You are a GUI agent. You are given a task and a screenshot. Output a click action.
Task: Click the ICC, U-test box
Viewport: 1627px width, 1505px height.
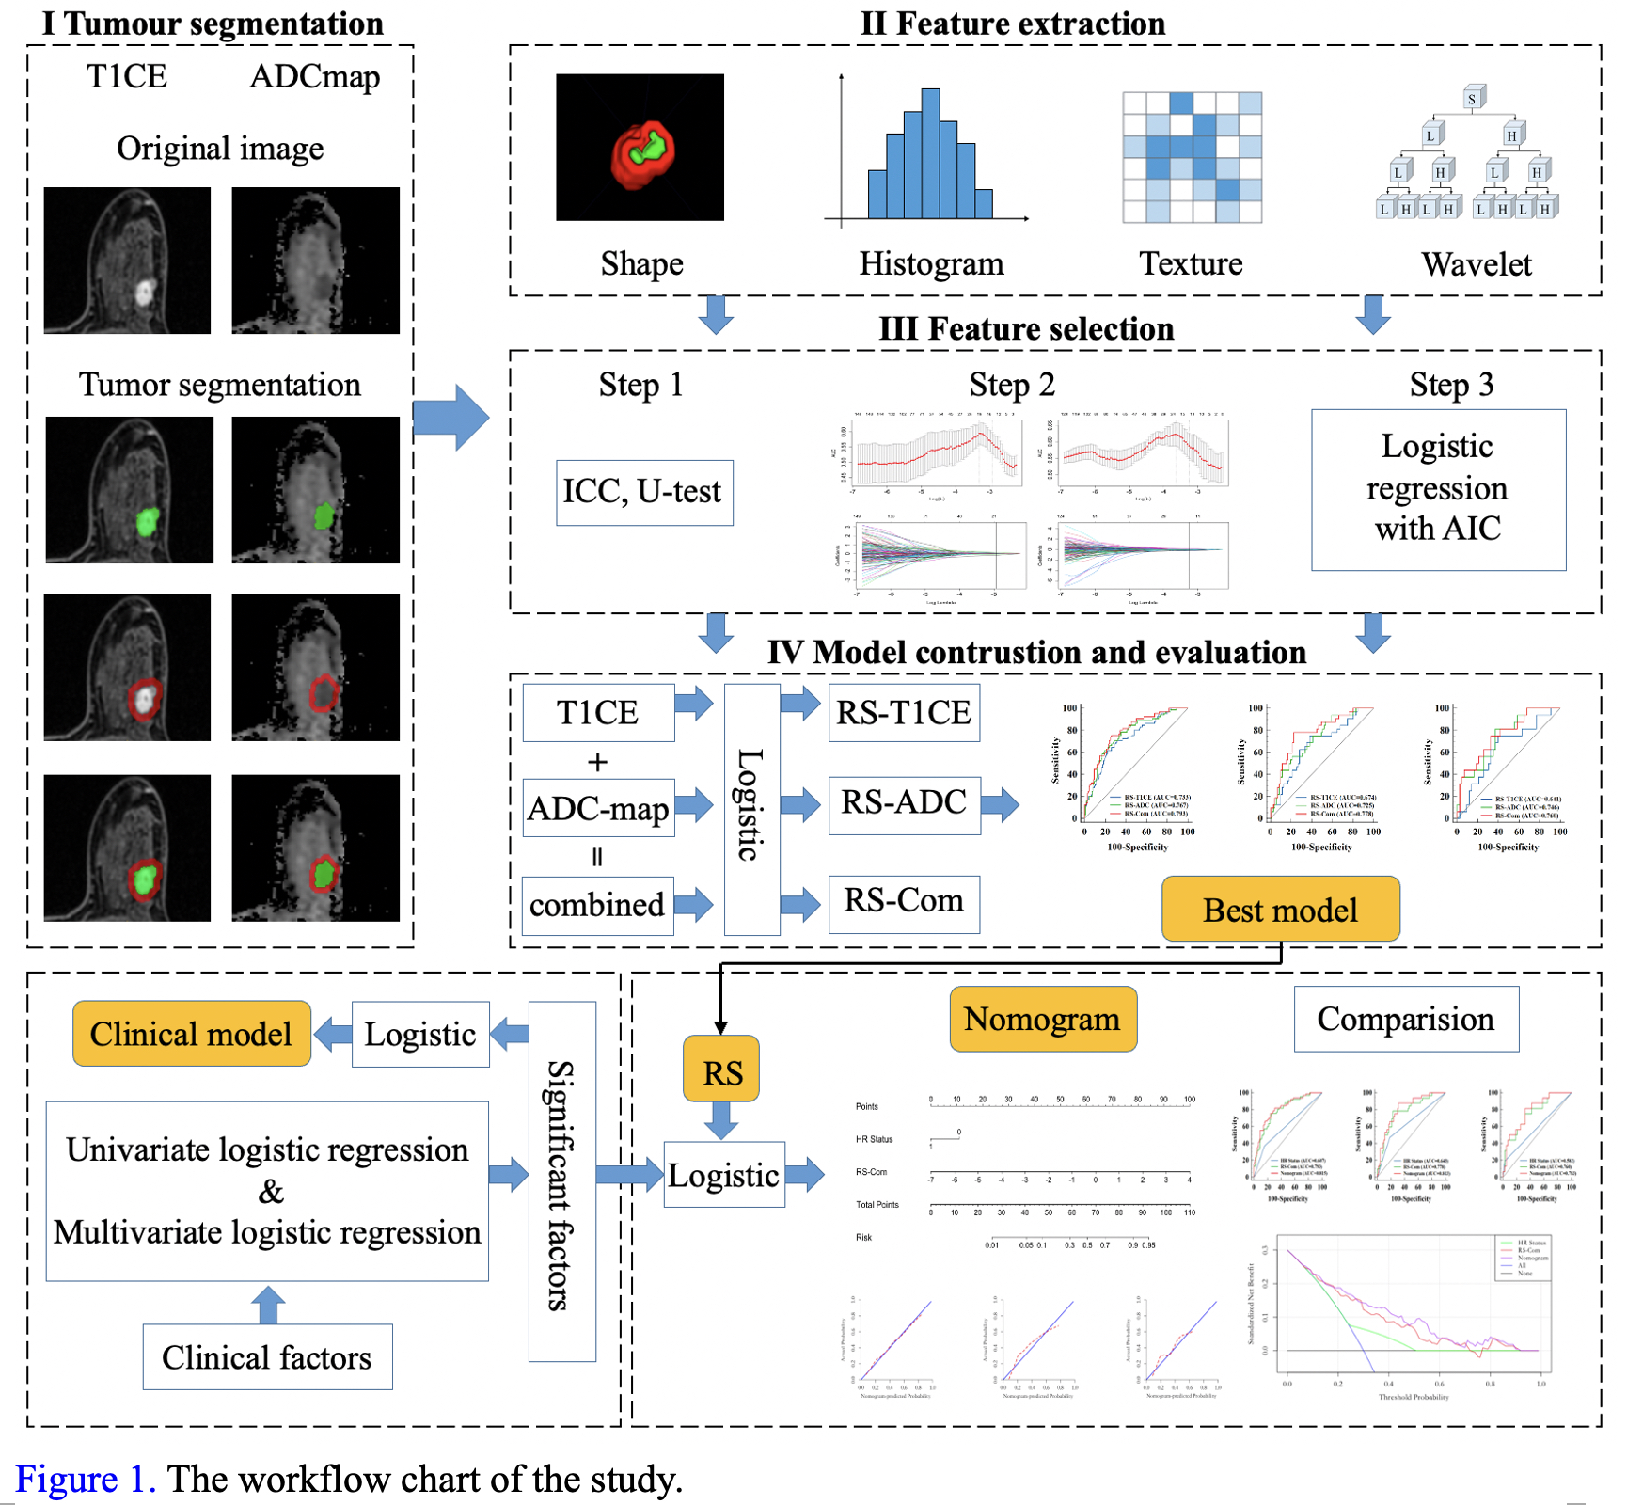(644, 492)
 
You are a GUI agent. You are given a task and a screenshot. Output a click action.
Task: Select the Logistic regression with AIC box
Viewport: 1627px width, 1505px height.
(1438, 489)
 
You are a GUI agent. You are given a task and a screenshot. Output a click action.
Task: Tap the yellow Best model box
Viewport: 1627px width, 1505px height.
(1280, 910)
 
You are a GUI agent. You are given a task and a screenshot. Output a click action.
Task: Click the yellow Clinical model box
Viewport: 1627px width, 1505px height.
(192, 1034)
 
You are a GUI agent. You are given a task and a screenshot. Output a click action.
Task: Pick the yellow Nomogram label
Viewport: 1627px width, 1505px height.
(1042, 1020)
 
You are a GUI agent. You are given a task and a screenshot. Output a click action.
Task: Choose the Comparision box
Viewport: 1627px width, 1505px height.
(1406, 1020)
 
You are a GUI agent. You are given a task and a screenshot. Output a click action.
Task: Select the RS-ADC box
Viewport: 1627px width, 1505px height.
(904, 804)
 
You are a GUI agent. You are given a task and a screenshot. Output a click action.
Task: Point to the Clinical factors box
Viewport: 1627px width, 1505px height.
(267, 1357)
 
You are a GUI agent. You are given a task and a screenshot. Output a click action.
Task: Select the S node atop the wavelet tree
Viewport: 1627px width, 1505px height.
(1473, 98)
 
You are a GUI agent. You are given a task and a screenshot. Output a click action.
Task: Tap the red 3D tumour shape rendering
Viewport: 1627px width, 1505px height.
(641, 153)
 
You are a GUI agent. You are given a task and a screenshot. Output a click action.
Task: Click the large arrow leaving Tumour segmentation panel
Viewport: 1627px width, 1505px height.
(451, 417)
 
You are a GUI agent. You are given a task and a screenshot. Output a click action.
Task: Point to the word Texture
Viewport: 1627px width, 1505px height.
(1191, 264)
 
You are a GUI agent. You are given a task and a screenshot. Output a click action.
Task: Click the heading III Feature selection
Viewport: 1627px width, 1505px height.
(1026, 329)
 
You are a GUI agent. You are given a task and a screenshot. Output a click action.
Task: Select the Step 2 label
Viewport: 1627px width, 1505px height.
(1012, 386)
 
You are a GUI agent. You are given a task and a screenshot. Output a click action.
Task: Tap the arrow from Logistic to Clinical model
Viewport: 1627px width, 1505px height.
(332, 1034)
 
